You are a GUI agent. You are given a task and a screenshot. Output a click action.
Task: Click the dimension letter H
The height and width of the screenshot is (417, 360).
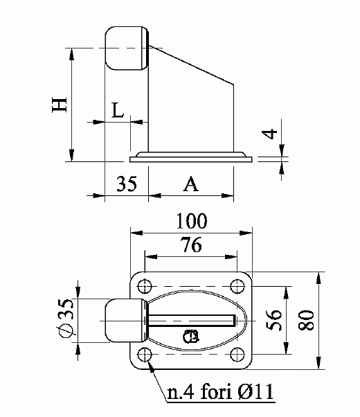[60, 104]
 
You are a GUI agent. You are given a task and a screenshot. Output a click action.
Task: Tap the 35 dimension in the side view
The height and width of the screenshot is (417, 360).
[126, 184]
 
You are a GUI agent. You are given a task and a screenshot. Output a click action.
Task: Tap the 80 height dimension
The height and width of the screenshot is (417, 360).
[308, 319]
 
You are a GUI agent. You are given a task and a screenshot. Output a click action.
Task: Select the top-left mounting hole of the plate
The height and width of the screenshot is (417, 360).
[145, 285]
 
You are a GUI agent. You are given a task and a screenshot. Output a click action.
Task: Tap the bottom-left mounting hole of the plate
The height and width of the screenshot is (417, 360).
[145, 355]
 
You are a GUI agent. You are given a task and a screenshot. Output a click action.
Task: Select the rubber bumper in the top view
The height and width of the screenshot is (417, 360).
[123, 320]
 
